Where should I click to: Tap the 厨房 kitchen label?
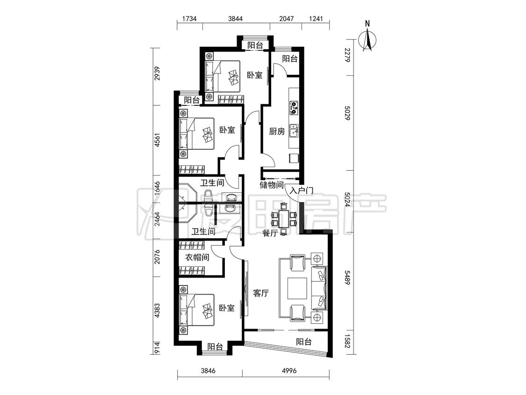277,132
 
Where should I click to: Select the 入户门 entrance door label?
301,191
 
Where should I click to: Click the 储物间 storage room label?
272,184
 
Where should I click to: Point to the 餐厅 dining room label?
270,233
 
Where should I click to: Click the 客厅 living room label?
260,293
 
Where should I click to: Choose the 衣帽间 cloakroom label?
197,257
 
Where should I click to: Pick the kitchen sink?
294,131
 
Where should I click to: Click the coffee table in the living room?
297,288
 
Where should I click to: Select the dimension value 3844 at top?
235,18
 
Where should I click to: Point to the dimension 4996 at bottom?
289,371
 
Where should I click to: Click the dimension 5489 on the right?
347,278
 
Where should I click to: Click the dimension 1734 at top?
189,18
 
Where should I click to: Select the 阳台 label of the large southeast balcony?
304,342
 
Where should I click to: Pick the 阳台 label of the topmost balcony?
255,45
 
